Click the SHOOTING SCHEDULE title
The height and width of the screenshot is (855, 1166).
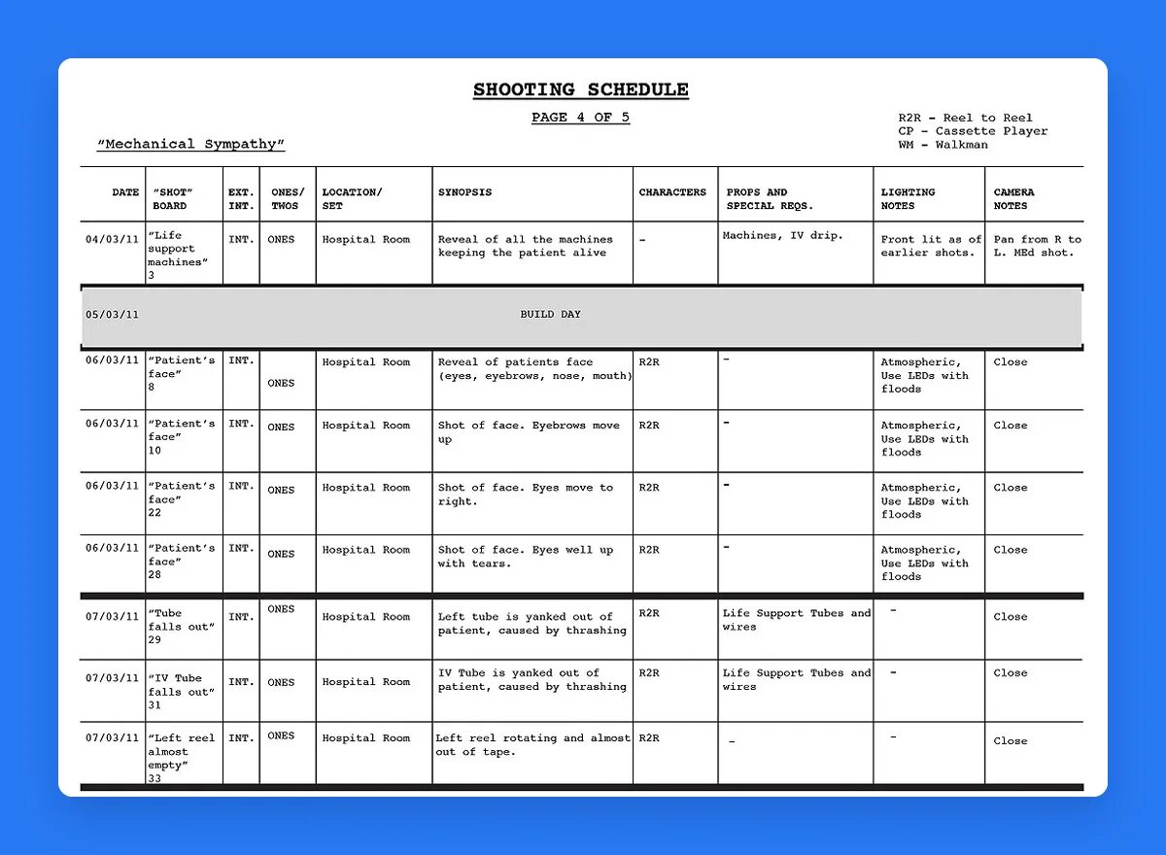581,90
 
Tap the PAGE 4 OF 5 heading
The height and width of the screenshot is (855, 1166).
580,118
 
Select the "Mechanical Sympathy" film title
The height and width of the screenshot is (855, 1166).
190,144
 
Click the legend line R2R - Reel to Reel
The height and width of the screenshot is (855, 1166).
965,118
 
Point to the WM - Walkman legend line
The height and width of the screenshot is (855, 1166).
943,145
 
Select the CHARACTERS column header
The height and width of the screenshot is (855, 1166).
672,192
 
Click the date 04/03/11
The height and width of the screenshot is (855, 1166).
112,239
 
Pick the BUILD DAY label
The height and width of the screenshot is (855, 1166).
551,315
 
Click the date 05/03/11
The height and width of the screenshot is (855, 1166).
112,315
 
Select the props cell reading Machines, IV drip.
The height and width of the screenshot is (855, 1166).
783,235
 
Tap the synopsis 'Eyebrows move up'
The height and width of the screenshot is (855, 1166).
528,432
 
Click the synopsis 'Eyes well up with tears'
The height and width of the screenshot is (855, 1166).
525,557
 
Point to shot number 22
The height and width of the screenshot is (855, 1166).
154,513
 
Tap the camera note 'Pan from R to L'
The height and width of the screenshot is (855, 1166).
1037,246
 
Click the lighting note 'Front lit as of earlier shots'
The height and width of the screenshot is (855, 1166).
931,246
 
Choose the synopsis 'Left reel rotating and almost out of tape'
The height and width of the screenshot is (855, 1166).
532,744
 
